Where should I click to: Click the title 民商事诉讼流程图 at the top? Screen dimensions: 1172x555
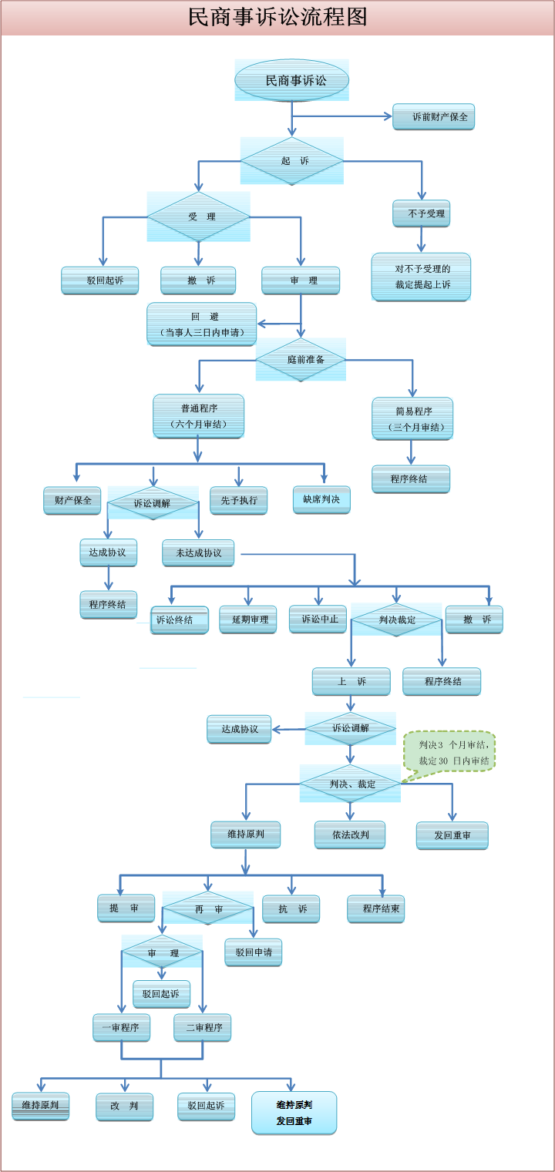click(x=277, y=18)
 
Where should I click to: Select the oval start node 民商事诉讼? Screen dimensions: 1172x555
click(x=292, y=80)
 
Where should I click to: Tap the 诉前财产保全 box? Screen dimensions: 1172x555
click(x=433, y=117)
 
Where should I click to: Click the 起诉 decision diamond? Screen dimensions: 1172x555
click(x=292, y=161)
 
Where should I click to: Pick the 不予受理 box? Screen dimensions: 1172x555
click(x=421, y=213)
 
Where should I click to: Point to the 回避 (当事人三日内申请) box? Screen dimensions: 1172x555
click(x=202, y=324)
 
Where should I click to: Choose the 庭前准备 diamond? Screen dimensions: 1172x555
click(x=301, y=359)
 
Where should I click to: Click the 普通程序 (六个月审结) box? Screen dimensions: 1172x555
click(x=199, y=416)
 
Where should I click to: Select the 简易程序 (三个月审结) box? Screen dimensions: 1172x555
click(x=412, y=418)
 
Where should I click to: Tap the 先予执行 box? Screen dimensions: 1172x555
click(x=239, y=501)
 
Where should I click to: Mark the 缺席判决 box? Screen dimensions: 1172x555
click(x=321, y=499)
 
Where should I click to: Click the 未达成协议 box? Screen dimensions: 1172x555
click(x=198, y=553)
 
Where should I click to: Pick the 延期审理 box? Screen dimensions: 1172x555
click(x=248, y=620)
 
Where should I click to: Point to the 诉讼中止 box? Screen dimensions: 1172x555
click(x=318, y=619)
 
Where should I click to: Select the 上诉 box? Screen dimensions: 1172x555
click(x=351, y=682)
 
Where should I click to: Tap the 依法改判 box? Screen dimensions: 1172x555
click(x=350, y=835)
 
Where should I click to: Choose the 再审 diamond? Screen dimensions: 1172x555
click(x=208, y=909)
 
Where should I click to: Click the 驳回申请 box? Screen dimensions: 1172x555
click(x=253, y=952)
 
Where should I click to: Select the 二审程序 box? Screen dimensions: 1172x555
click(x=203, y=1028)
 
